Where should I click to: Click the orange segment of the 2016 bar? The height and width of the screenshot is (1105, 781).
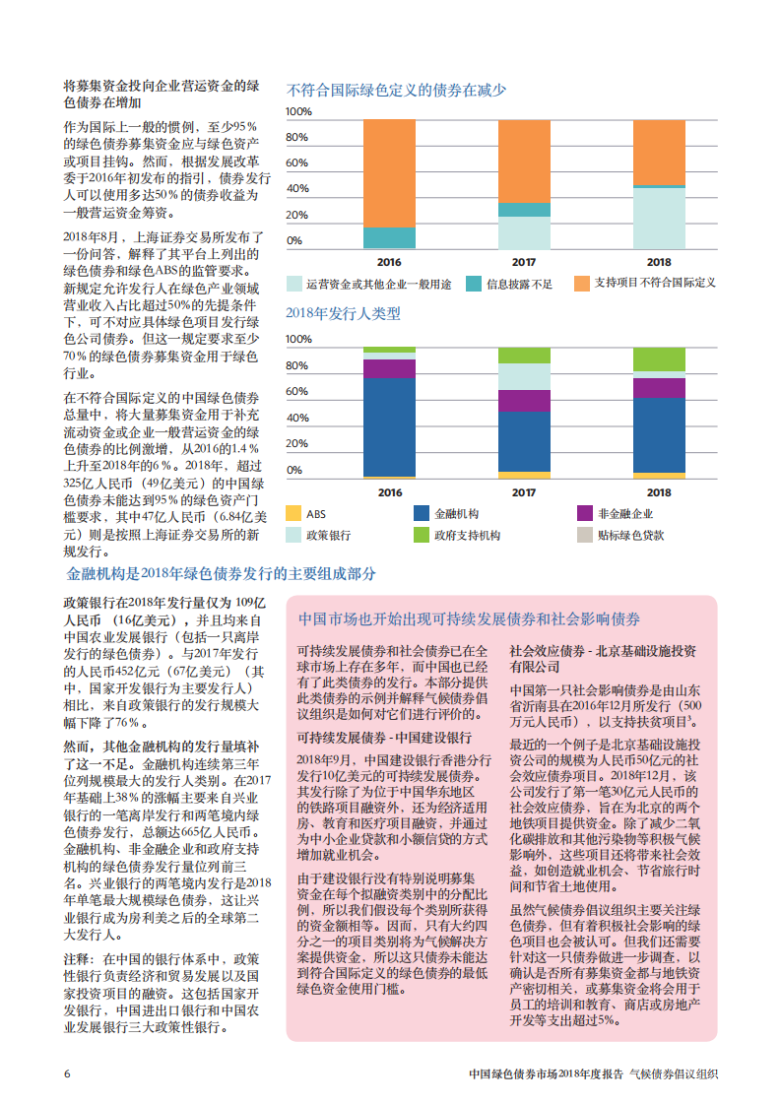(x=389, y=173)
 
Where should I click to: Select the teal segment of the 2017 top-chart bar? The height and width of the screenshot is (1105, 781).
(x=524, y=210)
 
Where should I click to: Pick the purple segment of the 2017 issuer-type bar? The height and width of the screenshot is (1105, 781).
(x=524, y=400)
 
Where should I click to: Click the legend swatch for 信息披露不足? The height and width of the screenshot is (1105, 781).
(x=474, y=284)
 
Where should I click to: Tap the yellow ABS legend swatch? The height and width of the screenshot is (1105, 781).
(x=293, y=513)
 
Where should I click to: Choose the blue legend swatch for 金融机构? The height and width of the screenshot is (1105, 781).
(x=422, y=513)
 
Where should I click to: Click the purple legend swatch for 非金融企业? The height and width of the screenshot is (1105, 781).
(x=584, y=513)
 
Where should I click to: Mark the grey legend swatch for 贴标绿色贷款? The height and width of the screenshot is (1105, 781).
(x=584, y=536)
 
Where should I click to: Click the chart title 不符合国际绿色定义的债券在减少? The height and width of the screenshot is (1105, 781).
(x=396, y=91)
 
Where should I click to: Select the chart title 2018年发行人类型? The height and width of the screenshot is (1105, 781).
(x=343, y=314)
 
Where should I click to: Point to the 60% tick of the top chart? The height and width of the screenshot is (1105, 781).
(x=296, y=163)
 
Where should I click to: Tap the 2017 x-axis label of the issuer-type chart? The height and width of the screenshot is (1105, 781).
(x=524, y=492)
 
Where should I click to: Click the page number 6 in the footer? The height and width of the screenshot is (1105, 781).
(x=67, y=1073)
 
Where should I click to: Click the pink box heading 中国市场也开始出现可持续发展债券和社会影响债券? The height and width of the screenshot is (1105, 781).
(x=469, y=619)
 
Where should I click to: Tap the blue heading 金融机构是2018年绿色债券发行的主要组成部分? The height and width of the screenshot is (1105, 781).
(x=221, y=574)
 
